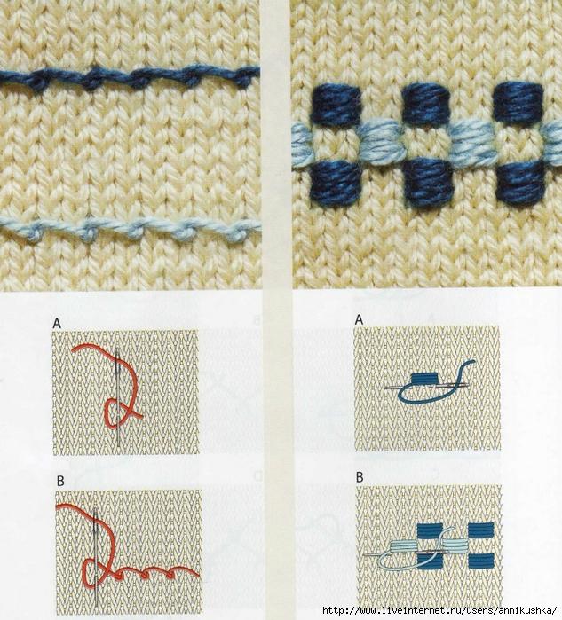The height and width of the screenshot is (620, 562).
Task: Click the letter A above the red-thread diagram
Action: click(x=57, y=324)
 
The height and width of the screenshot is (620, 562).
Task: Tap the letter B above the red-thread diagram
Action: click(x=60, y=481)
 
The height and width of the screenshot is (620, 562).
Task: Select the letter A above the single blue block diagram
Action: click(x=359, y=319)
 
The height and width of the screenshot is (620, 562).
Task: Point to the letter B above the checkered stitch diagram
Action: click(x=360, y=477)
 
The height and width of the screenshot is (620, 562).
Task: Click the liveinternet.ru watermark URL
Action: click(x=439, y=610)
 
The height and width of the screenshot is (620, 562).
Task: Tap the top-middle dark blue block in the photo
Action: click(x=425, y=103)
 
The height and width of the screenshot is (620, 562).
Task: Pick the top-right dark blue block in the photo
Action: click(x=518, y=102)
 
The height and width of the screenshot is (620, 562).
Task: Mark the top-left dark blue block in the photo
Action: click(x=336, y=103)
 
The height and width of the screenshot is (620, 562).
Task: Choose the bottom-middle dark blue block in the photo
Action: click(x=427, y=181)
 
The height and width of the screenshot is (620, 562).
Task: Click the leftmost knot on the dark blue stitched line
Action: click(x=38, y=81)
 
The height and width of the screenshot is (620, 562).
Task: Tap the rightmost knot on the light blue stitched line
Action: click(x=241, y=232)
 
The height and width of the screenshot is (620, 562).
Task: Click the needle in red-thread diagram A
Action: click(x=117, y=397)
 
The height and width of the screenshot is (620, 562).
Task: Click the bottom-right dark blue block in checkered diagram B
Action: click(x=481, y=561)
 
